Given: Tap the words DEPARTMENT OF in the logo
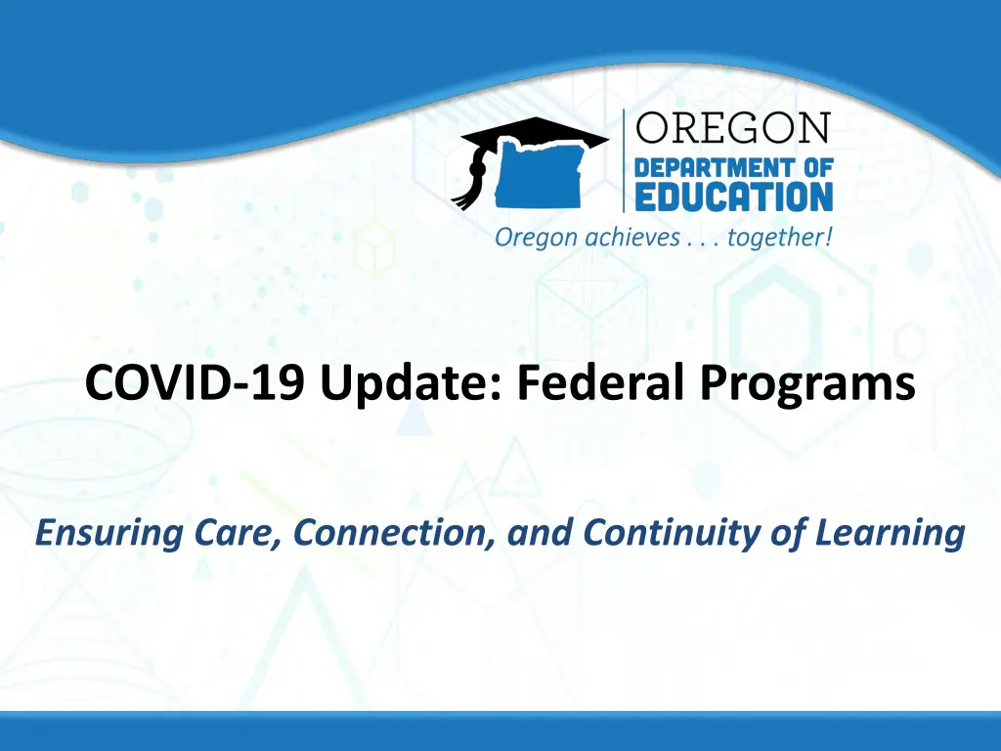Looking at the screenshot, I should tap(734, 168).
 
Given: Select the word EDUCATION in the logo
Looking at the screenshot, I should tap(734, 198).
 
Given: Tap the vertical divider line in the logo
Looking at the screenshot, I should tap(624, 161).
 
